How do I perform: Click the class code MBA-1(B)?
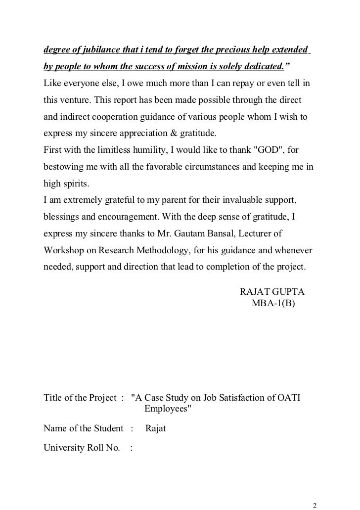pyautogui.click(x=273, y=302)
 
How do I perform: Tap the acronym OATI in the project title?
pyautogui.click(x=292, y=398)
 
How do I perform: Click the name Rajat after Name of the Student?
pyautogui.click(x=156, y=428)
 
